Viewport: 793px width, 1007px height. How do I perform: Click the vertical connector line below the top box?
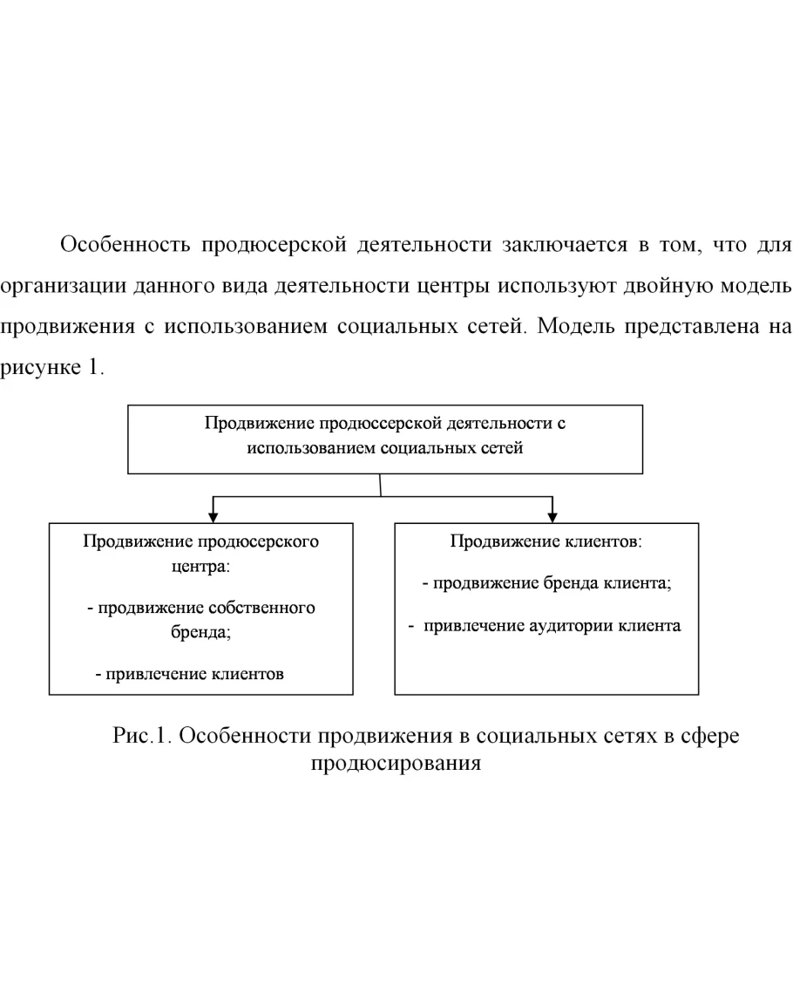point(381,486)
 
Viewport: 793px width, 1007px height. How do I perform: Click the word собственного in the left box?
point(262,608)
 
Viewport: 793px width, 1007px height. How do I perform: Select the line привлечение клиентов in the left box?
point(189,673)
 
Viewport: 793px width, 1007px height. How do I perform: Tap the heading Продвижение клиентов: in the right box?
point(546,541)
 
